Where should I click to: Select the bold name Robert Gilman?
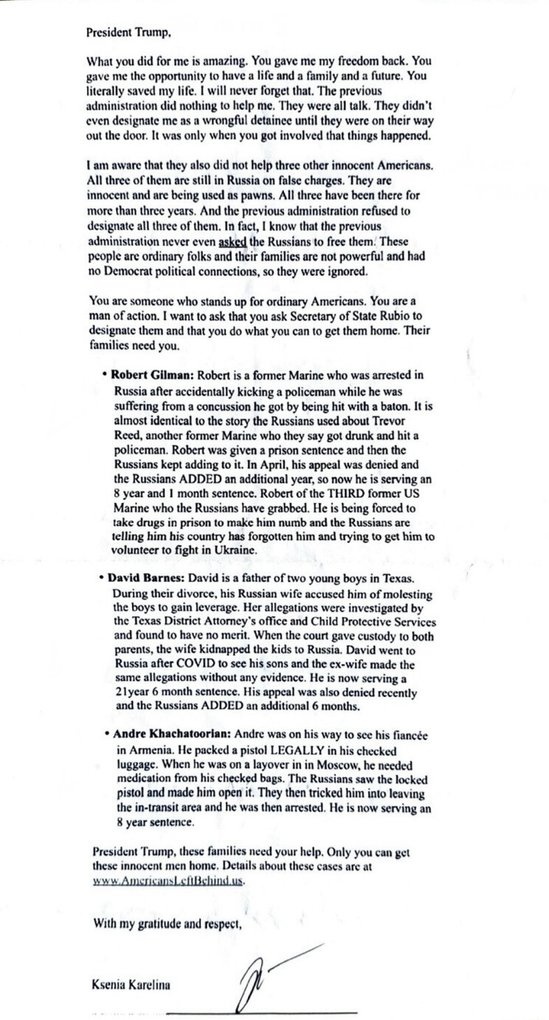151,375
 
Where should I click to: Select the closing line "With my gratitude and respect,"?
168,923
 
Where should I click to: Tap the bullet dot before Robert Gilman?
106,375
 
